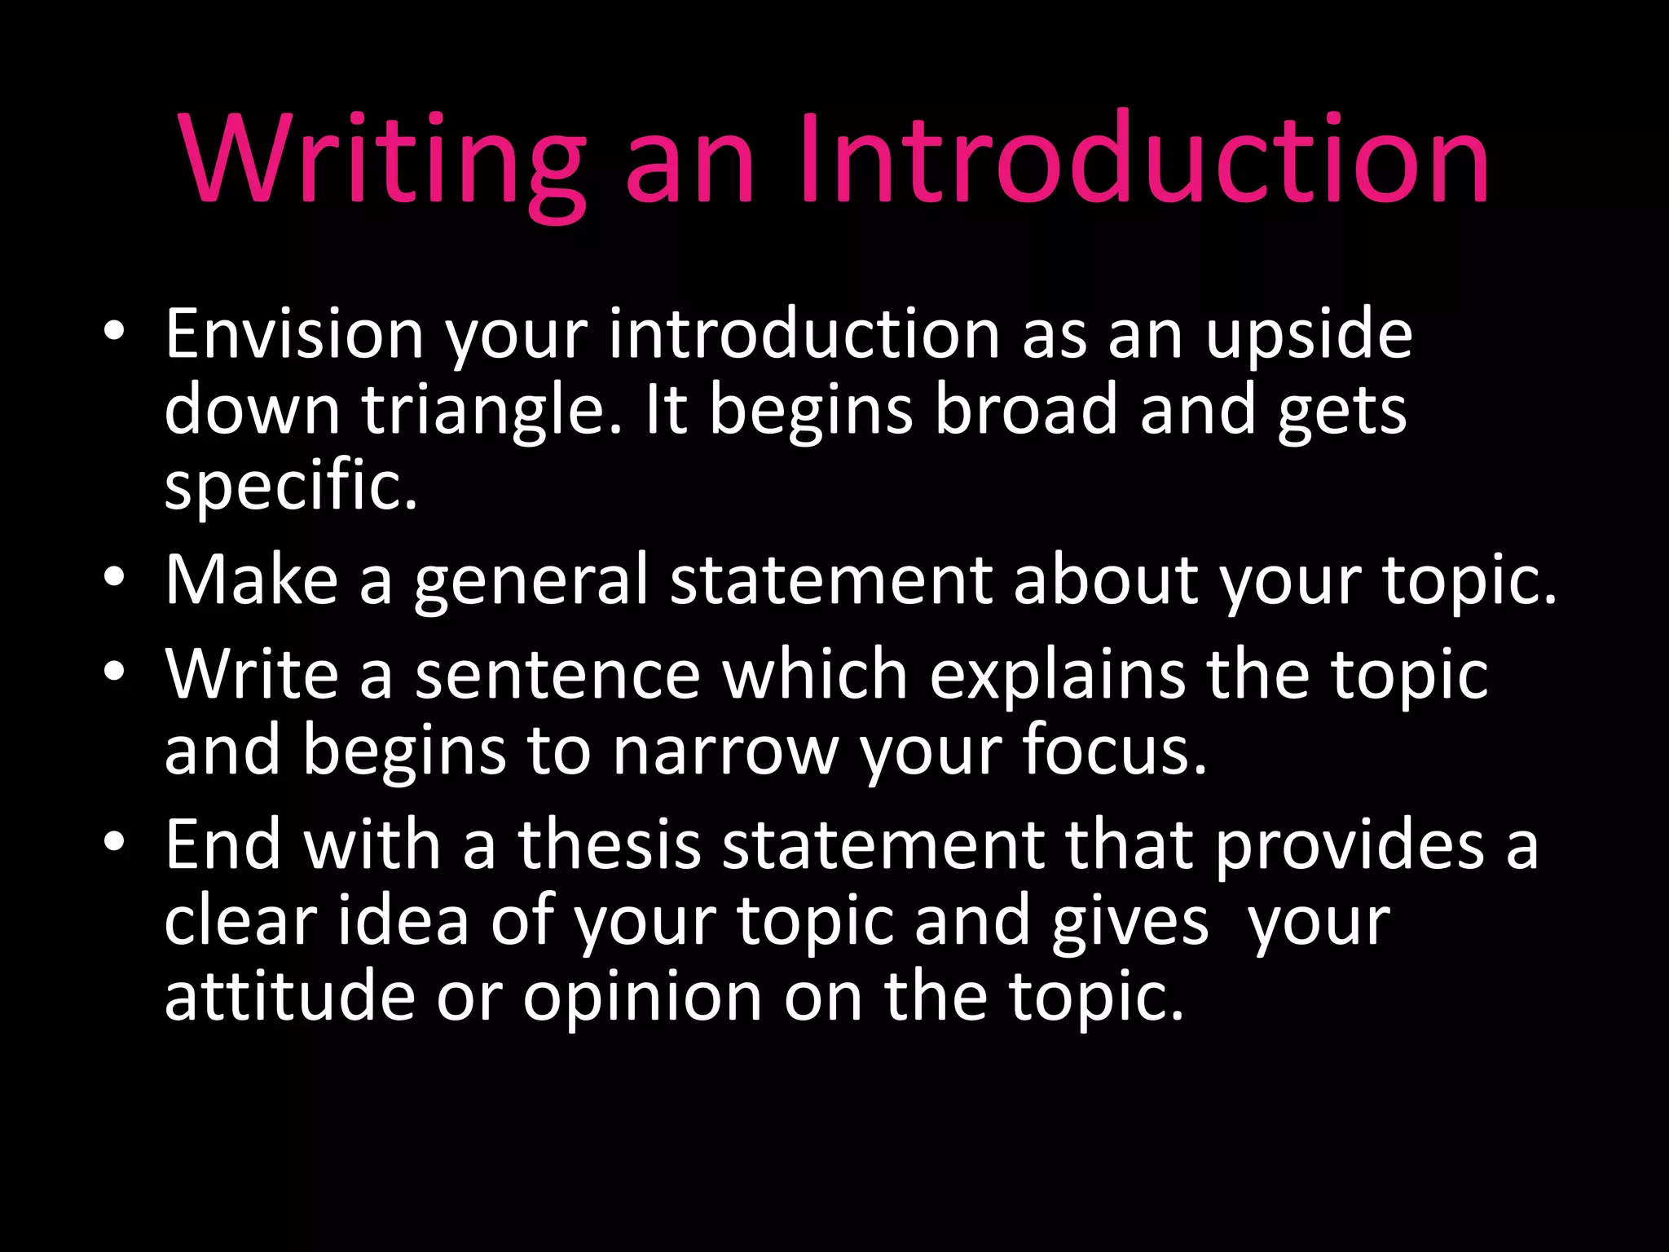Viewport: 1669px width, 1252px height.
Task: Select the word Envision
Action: (x=294, y=334)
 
